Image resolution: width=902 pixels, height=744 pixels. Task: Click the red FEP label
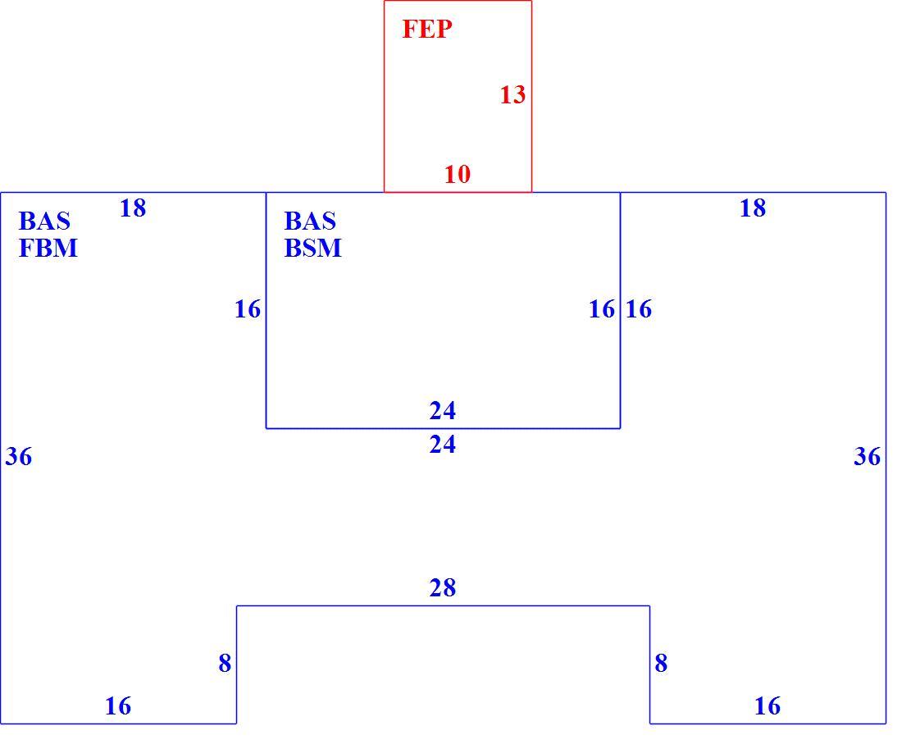[427, 29]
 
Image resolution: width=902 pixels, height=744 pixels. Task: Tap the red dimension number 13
[512, 95]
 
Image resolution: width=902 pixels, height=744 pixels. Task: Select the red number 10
[458, 174]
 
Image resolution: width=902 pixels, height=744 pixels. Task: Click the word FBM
[48, 248]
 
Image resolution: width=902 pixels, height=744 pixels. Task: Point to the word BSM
[313, 248]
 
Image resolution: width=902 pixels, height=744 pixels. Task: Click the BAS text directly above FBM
[44, 221]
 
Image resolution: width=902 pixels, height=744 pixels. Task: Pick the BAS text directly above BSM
[310, 221]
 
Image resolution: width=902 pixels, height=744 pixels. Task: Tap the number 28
[442, 588]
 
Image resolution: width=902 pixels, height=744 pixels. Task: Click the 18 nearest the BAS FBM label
[133, 208]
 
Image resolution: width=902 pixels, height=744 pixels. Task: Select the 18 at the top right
[753, 208]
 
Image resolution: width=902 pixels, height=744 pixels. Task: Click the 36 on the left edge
[19, 457]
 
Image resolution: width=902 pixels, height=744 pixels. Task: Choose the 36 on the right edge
[867, 457]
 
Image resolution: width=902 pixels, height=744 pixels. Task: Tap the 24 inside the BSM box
[442, 411]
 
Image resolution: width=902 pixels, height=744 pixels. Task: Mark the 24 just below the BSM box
[442, 445]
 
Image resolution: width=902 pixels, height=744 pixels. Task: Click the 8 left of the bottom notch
[225, 664]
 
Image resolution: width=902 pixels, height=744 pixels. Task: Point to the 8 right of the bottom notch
[661, 664]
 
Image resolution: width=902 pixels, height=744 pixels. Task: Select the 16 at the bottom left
[118, 706]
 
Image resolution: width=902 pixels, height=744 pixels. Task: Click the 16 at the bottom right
[768, 706]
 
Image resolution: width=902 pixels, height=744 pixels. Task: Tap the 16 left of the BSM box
[248, 309]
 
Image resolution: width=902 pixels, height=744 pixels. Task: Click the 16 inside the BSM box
[602, 309]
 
